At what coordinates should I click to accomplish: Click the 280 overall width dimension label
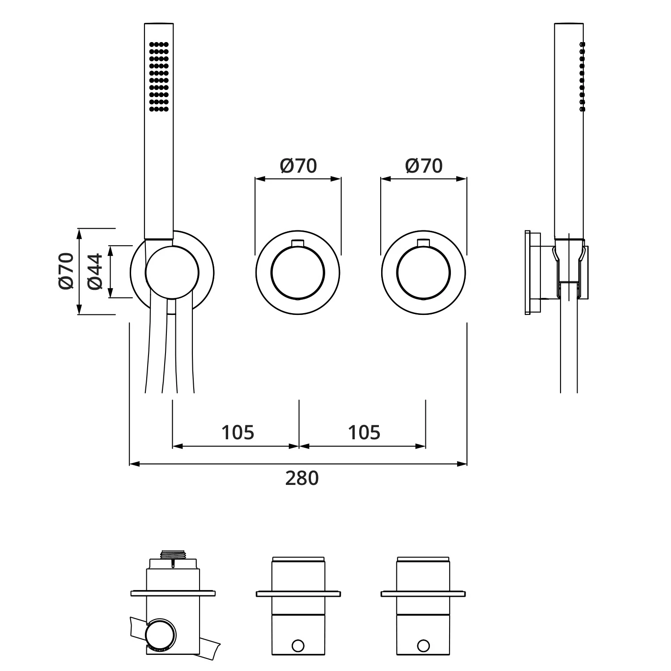tap(302, 478)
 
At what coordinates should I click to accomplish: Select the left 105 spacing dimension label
tap(238, 432)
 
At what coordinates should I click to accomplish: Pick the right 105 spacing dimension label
tap(364, 432)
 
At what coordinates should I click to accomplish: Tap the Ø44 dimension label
tap(95, 272)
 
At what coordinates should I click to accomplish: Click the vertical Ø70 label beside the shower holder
tap(66, 271)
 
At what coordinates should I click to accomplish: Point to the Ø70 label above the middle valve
tap(298, 166)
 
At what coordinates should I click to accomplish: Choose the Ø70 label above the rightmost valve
tap(424, 166)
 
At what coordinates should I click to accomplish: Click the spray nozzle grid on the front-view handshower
tap(158, 76)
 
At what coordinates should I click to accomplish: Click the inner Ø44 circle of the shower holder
tap(172, 272)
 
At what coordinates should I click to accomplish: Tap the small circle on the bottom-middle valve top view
tap(297, 646)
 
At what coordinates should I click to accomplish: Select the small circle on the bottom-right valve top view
tap(423, 646)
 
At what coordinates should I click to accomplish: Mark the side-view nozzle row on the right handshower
tap(582, 76)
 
